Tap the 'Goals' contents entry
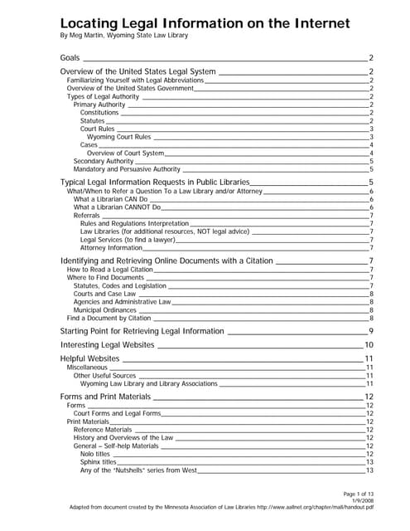[x=70, y=57]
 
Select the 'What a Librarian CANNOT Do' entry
[x=117, y=207]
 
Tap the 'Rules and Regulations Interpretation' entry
[x=134, y=223]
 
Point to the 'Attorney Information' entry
[x=111, y=247]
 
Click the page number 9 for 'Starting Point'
[x=371, y=331]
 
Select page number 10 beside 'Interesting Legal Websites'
[x=369, y=344]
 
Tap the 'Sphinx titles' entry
[x=99, y=462]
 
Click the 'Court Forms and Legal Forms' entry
[x=117, y=413]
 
